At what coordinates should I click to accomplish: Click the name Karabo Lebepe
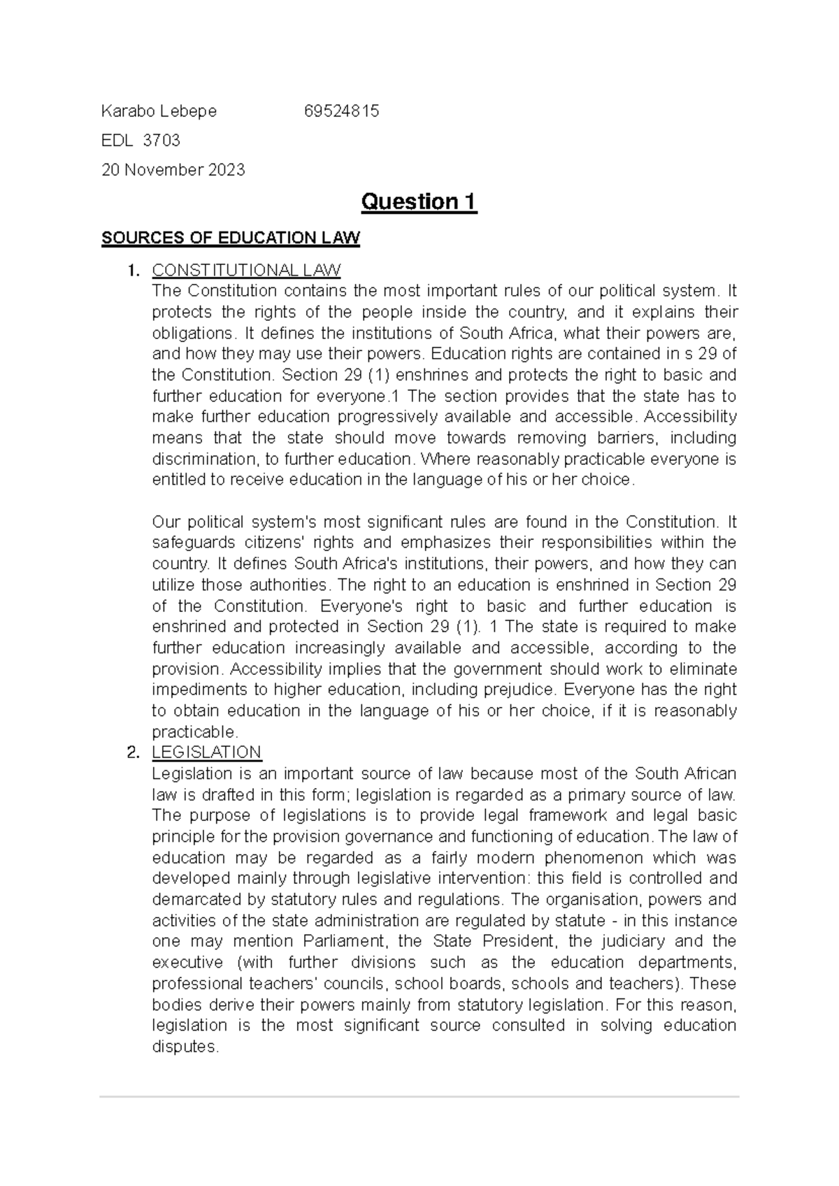(159, 111)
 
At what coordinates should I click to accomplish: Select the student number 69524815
(341, 111)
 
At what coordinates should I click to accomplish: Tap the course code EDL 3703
(141, 141)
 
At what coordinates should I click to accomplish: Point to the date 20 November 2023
(173, 170)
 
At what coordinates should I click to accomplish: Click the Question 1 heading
(418, 202)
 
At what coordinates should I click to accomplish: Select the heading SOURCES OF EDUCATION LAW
(230, 238)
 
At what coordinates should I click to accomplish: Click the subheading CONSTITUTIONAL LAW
(246, 270)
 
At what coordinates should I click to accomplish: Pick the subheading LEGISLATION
(206, 752)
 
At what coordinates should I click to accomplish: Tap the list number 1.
(133, 270)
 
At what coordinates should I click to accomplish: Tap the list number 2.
(133, 752)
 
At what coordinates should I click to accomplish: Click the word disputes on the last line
(185, 1047)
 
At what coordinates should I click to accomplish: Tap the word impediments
(198, 690)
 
